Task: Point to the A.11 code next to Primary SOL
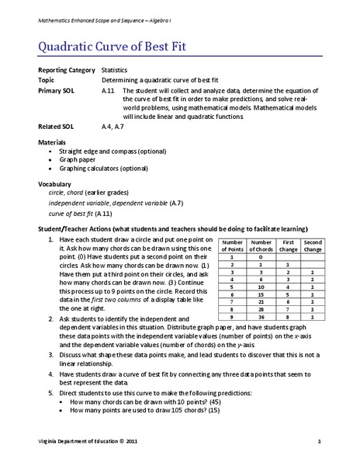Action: (x=109, y=90)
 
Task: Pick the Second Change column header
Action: (x=313, y=245)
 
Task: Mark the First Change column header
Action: (x=286, y=245)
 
